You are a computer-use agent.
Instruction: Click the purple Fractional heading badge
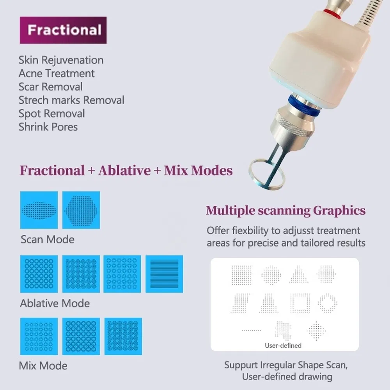(63, 30)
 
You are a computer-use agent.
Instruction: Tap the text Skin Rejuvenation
(61, 60)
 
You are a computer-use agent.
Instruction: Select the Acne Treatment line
(57, 73)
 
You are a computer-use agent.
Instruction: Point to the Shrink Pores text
(48, 127)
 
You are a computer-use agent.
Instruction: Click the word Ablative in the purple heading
(124, 170)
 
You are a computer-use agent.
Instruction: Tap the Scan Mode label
(47, 239)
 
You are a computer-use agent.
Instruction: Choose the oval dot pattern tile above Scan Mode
(39, 210)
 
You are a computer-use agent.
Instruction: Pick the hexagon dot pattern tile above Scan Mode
(81, 210)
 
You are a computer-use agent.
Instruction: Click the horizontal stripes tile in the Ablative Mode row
(164, 274)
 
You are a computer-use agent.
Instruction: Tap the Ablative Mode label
(55, 303)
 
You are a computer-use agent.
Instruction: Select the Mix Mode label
(43, 366)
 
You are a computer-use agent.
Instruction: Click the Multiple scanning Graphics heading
(285, 211)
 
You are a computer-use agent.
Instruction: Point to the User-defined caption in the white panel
(283, 345)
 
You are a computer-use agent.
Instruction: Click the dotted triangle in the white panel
(299, 275)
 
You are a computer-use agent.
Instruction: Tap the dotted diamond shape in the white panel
(316, 330)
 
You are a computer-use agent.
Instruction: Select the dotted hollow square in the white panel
(300, 303)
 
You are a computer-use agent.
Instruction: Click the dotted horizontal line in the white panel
(251, 330)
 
